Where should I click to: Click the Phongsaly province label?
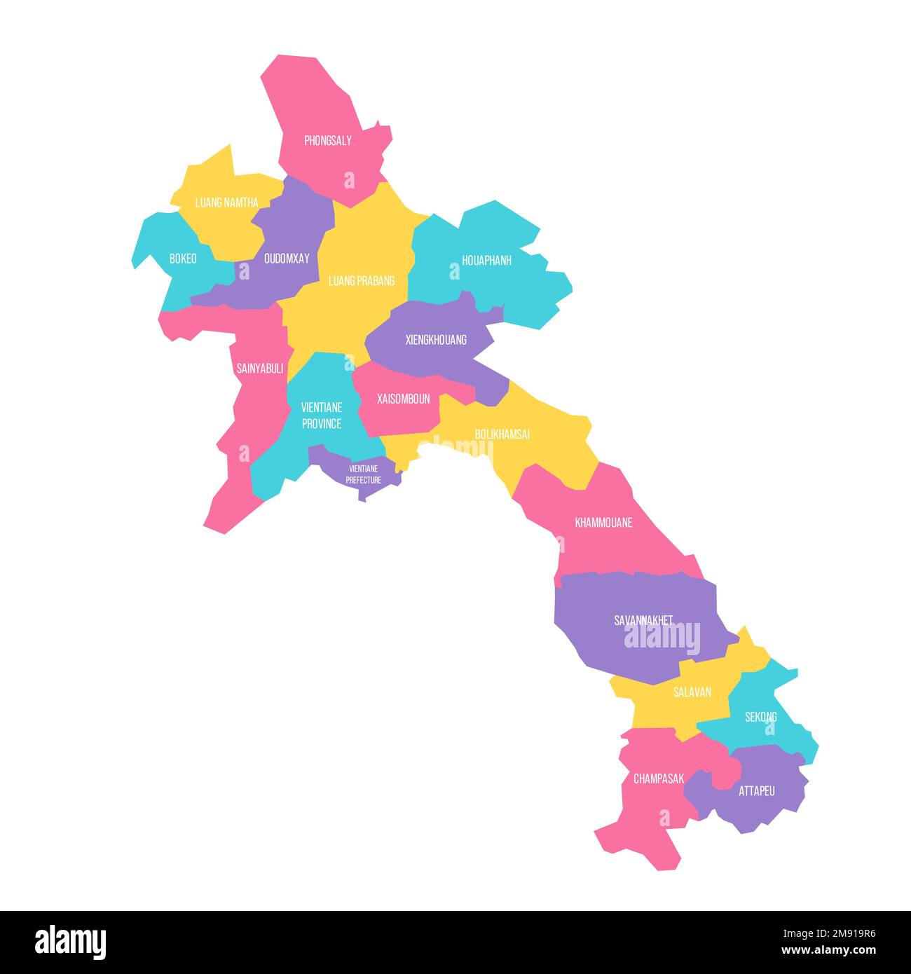[x=327, y=141]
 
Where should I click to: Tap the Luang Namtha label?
[x=226, y=203]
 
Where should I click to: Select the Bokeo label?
[x=183, y=259]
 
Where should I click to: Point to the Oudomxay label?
[x=286, y=259]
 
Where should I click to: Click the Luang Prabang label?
[x=361, y=281]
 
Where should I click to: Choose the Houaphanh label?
[x=486, y=261]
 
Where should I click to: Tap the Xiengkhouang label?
[x=436, y=341]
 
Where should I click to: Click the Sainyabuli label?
[x=259, y=369]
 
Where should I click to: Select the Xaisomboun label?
[x=403, y=399]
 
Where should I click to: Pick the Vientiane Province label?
[x=321, y=416]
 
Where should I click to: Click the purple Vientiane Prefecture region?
[x=363, y=474]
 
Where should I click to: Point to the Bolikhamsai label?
[x=502, y=434]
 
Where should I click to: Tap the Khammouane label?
[x=603, y=523]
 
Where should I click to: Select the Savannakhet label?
[x=643, y=620]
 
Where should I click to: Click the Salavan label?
[x=692, y=692]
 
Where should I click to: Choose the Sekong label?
[x=760, y=717]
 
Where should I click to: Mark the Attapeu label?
[x=756, y=791]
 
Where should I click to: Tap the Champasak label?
[x=658, y=778]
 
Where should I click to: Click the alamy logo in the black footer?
[x=70, y=942]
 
